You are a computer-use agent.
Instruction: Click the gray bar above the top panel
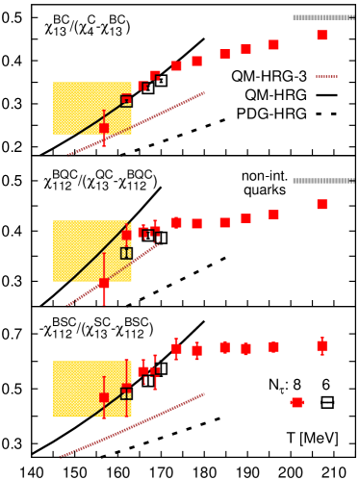[x=323, y=17]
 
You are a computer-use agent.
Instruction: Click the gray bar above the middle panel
[x=323, y=181]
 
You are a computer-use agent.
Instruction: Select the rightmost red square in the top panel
[x=321, y=36]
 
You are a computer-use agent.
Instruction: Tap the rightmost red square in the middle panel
[x=321, y=205]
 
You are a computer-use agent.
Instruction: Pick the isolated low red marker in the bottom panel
[x=296, y=403]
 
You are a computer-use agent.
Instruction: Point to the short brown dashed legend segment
[x=326, y=76]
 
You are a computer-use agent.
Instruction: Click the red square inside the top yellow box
[x=104, y=128]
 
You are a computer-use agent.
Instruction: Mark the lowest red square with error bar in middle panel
[x=104, y=284]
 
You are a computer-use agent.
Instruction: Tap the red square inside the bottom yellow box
[x=104, y=397]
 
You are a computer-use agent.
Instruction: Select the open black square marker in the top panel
[x=126, y=100]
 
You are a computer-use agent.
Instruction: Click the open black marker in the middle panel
[x=126, y=253]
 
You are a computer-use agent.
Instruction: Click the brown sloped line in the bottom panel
[x=144, y=419]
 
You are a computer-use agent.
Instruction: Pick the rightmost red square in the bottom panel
[x=321, y=345]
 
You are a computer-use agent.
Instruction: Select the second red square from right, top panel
[x=273, y=44]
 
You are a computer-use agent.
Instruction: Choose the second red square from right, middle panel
[x=273, y=215]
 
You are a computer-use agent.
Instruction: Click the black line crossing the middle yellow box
[x=96, y=260]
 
